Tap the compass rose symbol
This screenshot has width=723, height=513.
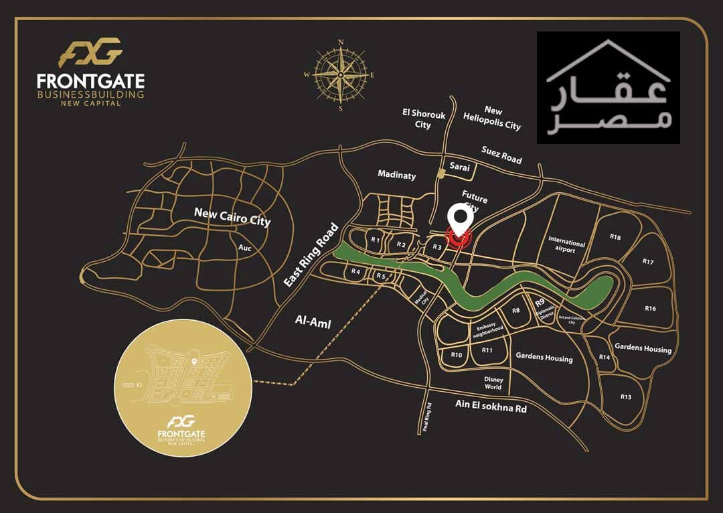(x=340, y=74)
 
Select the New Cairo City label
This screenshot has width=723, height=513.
(x=232, y=216)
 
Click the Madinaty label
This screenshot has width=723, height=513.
(x=396, y=175)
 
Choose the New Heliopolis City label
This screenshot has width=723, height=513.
(x=492, y=118)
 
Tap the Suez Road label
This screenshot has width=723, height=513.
(x=501, y=155)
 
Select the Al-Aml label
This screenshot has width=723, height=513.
(x=313, y=322)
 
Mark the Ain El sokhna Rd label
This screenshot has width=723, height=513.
(x=491, y=405)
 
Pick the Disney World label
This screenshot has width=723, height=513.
(x=493, y=383)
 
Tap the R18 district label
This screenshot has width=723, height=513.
(x=615, y=237)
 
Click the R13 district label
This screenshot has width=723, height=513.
(x=625, y=397)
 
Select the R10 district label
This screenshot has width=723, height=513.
(x=457, y=354)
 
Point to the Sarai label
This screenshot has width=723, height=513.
(x=460, y=167)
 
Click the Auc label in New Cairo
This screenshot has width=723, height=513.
(x=245, y=247)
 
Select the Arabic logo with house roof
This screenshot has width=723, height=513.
(x=608, y=88)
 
